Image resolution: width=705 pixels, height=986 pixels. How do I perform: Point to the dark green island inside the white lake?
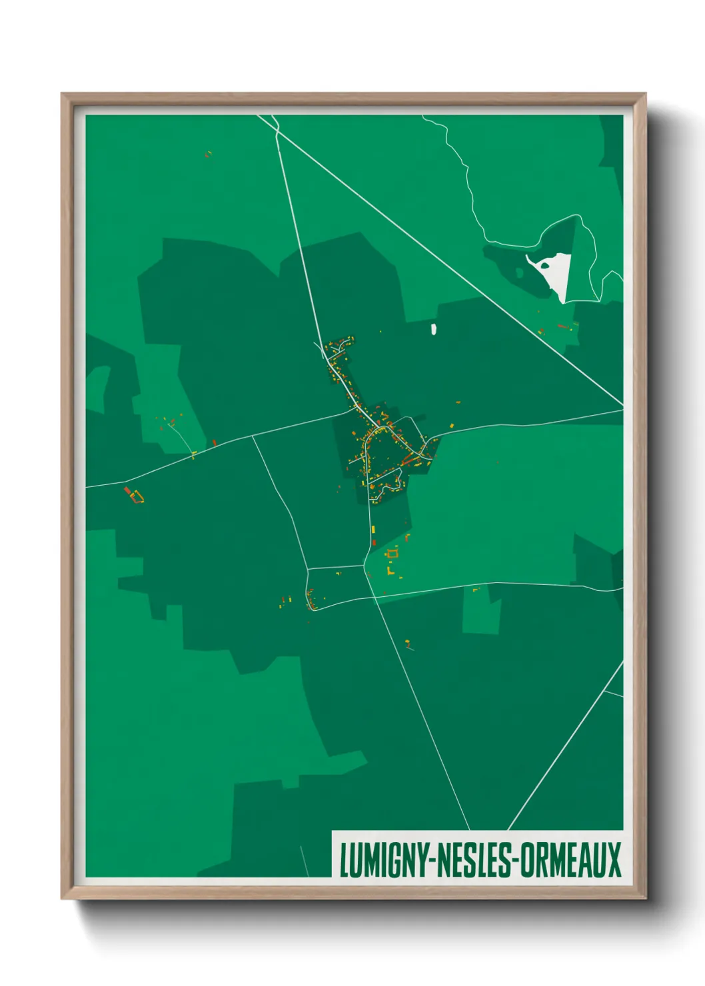pos(545,265)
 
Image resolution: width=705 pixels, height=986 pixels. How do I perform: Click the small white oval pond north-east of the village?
pos(434,328)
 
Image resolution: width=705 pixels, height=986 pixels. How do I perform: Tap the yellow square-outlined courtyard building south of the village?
pos(392,552)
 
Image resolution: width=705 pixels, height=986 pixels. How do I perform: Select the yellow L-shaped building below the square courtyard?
pos(390,571)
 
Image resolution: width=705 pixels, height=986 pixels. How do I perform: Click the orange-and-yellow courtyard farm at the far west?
pos(137,496)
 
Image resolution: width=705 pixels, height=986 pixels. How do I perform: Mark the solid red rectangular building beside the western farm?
pos(127,491)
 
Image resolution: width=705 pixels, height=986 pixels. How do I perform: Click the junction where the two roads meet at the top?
pos(277,131)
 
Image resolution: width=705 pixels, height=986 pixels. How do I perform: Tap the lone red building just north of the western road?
pos(214,441)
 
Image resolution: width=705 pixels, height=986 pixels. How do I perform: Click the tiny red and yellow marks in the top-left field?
pos(208,154)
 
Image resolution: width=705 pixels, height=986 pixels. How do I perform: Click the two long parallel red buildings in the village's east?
pos(408,459)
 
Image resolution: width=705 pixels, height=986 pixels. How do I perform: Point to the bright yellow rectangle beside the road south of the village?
pos(373,530)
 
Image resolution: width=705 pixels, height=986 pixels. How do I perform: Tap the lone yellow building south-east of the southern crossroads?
pos(407,642)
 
